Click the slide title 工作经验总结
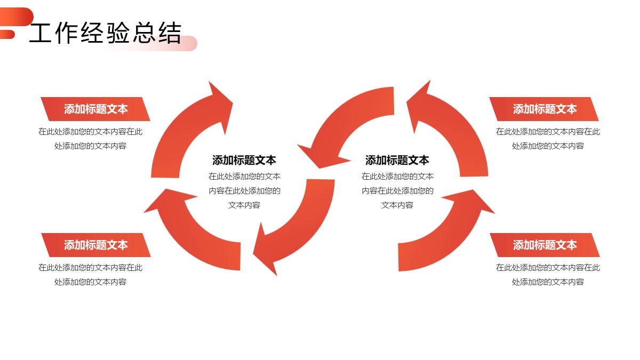[x=105, y=33]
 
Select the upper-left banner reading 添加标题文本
[x=96, y=109]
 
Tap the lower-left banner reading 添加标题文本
[x=96, y=245]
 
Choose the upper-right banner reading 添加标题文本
[x=545, y=109]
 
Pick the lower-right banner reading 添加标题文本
[x=545, y=245]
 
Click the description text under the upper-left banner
[x=91, y=139]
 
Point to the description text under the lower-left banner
[x=91, y=275]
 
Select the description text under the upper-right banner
[x=548, y=139]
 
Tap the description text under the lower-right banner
[x=548, y=275]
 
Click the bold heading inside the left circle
[x=244, y=160]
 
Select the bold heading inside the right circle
[x=397, y=160]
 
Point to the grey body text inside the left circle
[x=244, y=190]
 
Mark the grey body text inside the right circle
[x=397, y=190]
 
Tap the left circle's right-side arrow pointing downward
[x=299, y=224]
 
